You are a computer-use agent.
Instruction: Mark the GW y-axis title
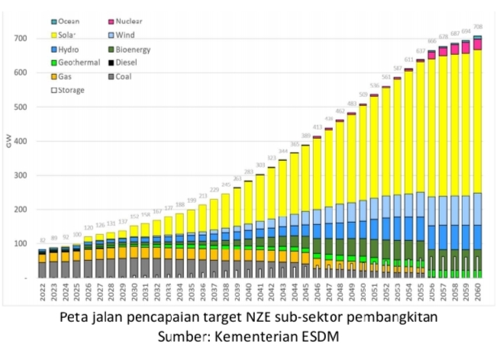pos(9,143)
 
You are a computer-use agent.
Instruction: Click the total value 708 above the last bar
pos(477,27)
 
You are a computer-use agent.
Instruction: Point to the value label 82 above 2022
pos(42,241)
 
